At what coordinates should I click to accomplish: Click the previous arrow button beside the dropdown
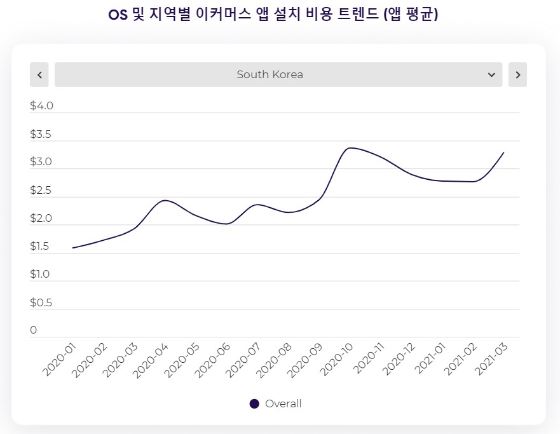tap(39, 74)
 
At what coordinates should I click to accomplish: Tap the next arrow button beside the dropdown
tap(517, 74)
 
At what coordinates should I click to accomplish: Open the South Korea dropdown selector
tap(278, 74)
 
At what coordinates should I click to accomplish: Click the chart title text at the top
tap(273, 15)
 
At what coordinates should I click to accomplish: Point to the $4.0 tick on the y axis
tap(41, 105)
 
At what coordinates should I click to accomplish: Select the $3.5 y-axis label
tap(41, 134)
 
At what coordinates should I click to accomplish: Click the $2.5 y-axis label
tap(41, 190)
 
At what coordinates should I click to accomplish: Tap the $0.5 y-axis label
tap(41, 302)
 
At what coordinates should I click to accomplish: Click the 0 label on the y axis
tap(34, 330)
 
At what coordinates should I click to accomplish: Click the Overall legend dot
tap(254, 403)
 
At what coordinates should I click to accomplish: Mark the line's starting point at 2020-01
tap(73, 248)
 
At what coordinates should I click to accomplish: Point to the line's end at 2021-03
tap(503, 153)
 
